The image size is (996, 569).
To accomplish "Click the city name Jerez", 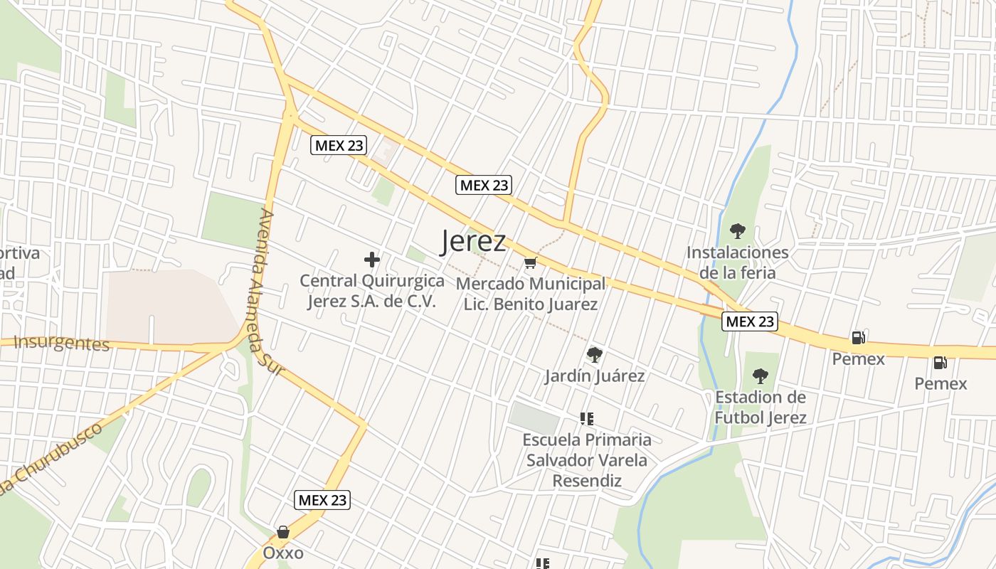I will [x=473, y=241].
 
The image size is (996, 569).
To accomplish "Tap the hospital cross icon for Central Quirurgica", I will [x=372, y=260].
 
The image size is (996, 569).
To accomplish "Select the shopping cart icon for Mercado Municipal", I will [x=530, y=264].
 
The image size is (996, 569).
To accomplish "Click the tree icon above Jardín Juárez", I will [x=594, y=354].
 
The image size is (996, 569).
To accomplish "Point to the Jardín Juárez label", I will [x=595, y=376].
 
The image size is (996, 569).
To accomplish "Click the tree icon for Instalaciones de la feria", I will [x=738, y=231].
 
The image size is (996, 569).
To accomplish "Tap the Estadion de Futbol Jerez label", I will [x=761, y=407].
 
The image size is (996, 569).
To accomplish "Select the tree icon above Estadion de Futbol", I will [x=761, y=376].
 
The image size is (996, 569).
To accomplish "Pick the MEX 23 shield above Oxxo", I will [x=322, y=500].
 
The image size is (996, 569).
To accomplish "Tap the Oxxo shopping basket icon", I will [x=283, y=532].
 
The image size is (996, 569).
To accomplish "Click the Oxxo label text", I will [x=283, y=553].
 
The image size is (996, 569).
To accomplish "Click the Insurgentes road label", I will [x=62, y=344].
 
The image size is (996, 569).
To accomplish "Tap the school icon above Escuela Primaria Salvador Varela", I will [x=586, y=419].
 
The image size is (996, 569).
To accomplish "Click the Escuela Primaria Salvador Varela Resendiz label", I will [x=587, y=460].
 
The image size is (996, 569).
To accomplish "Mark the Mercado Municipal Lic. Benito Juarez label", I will [x=531, y=294].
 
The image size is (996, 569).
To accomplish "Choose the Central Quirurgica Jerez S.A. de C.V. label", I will [x=372, y=290].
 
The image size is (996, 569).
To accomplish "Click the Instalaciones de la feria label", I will [x=738, y=262].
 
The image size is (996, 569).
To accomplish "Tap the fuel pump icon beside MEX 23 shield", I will [x=858, y=338].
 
